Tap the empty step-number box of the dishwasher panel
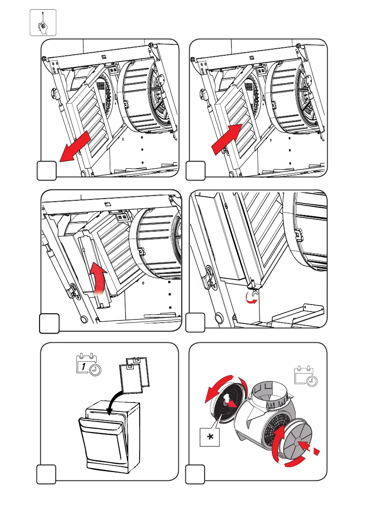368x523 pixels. pyautogui.click(x=46, y=474)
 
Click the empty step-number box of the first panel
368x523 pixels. pyautogui.click(x=46, y=171)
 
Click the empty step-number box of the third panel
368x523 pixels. pyautogui.click(x=48, y=323)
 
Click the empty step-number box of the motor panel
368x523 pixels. pyautogui.click(x=195, y=474)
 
